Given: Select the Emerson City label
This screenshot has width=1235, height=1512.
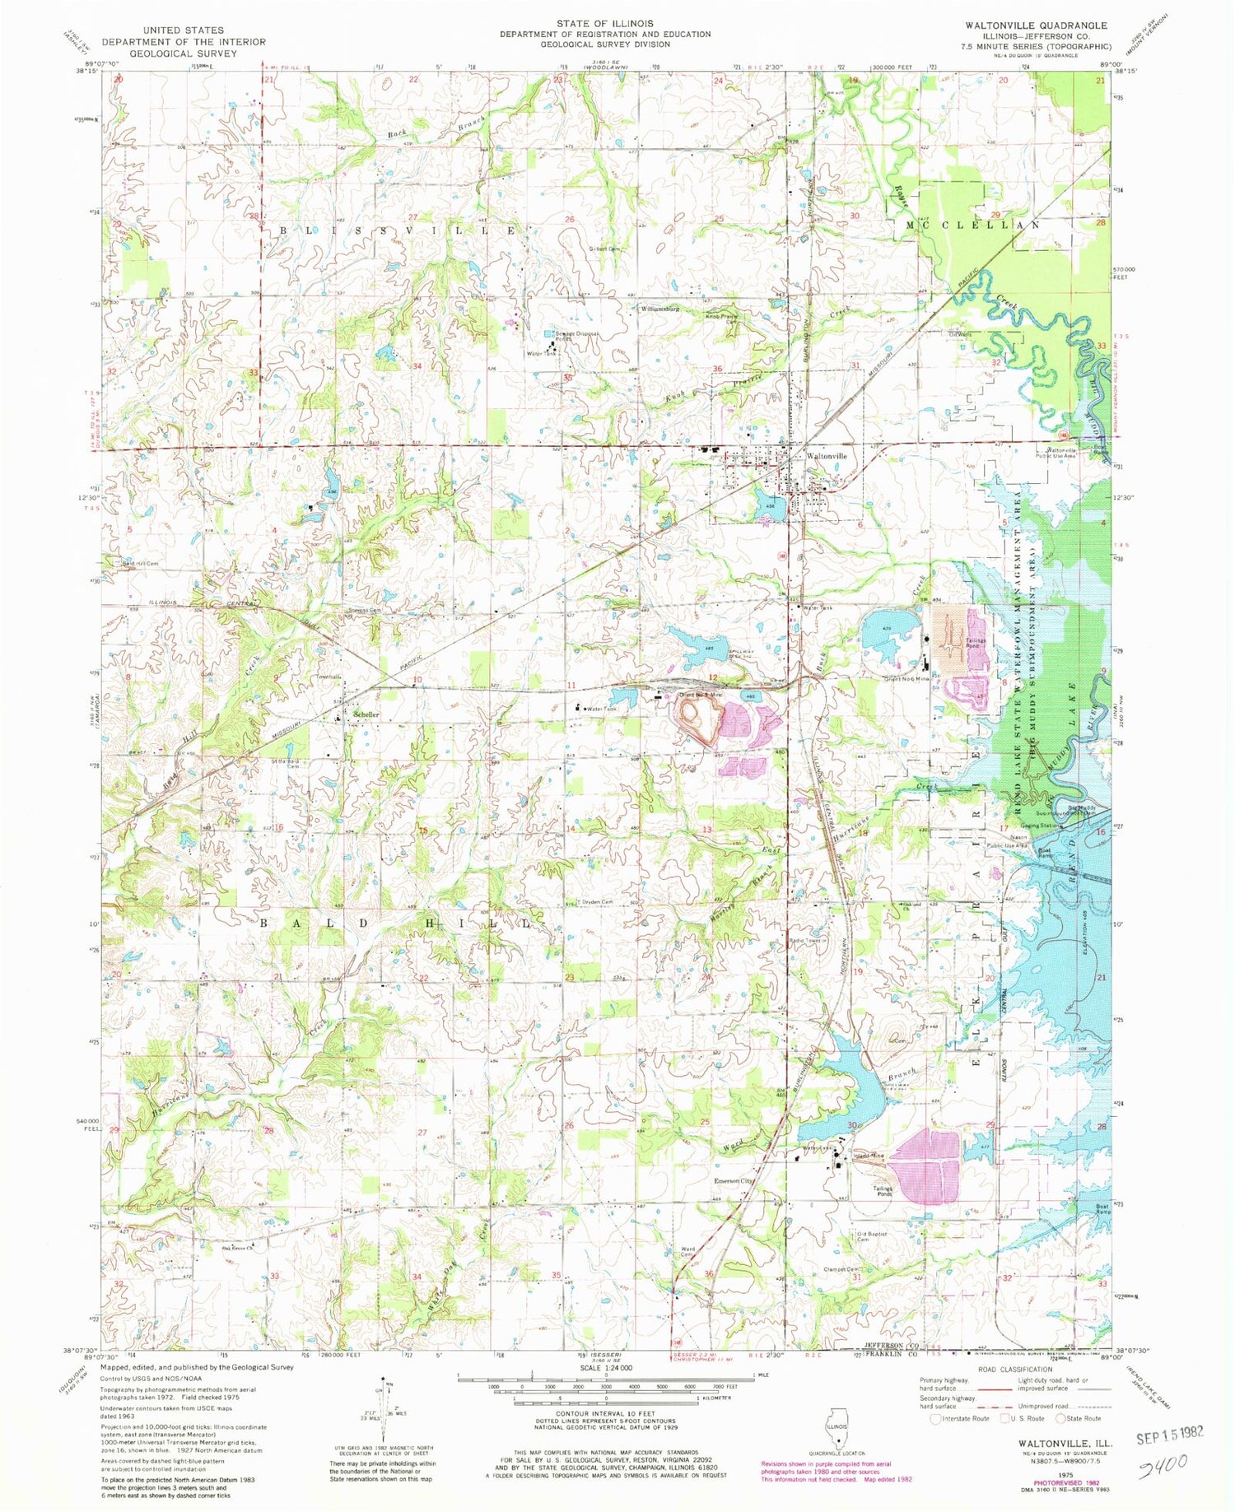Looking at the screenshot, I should pos(733,1180).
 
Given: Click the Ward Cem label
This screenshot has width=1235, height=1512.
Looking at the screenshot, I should pos(687,1251).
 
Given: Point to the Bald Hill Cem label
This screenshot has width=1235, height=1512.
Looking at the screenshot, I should pos(139,564).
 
